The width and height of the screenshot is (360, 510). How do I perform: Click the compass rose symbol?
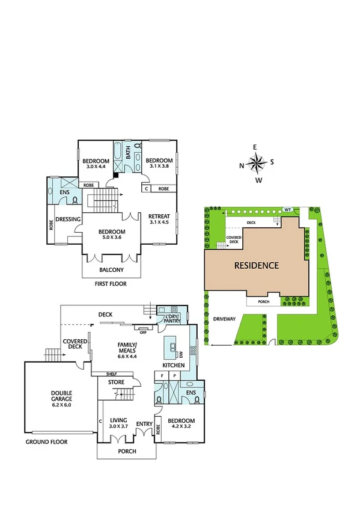[257, 163]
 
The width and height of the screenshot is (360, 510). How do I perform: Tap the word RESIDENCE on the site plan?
[257, 265]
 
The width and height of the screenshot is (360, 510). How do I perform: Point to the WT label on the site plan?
[288, 209]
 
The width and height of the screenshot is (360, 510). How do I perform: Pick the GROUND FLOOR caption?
[46, 441]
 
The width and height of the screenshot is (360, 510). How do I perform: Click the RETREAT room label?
[159, 217]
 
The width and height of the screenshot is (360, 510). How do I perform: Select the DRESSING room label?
[68, 220]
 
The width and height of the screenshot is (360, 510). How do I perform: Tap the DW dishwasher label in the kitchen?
[180, 354]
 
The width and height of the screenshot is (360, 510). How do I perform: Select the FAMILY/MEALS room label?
[127, 348]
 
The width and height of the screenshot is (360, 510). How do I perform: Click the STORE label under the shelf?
[115, 382]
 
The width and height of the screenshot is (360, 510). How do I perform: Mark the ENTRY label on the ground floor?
[144, 423]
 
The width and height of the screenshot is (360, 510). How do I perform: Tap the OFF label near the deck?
[144, 331]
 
